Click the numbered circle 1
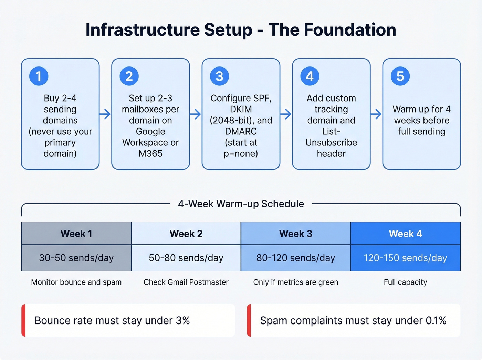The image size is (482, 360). pyautogui.click(x=39, y=76)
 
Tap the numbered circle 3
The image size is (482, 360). pyautogui.click(x=219, y=76)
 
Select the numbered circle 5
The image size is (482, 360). pyautogui.click(x=400, y=76)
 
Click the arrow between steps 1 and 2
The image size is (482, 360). pyautogui.click(x=105, y=114)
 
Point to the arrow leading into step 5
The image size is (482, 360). pyautogui.click(x=376, y=114)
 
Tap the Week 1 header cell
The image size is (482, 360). pyautogui.click(x=76, y=234)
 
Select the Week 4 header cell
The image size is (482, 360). pyautogui.click(x=405, y=234)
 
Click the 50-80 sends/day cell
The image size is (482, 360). pyautogui.click(x=186, y=258)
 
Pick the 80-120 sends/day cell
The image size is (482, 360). pyautogui.click(x=295, y=258)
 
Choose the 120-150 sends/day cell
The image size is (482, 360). pyautogui.click(x=405, y=258)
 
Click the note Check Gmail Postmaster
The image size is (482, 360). pyautogui.click(x=186, y=282)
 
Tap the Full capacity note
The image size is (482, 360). pyautogui.click(x=405, y=282)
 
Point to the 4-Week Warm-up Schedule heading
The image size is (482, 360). pyautogui.click(x=241, y=204)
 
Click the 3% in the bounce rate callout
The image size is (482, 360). pyautogui.click(x=183, y=320)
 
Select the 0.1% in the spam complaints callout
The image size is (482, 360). pyautogui.click(x=436, y=320)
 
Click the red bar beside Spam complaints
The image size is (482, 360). pyautogui.click(x=249, y=320)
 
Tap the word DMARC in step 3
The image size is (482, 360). pyautogui.click(x=241, y=131)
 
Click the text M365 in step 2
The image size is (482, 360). pyautogui.click(x=150, y=153)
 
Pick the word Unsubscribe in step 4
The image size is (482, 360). pyautogui.click(x=331, y=142)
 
